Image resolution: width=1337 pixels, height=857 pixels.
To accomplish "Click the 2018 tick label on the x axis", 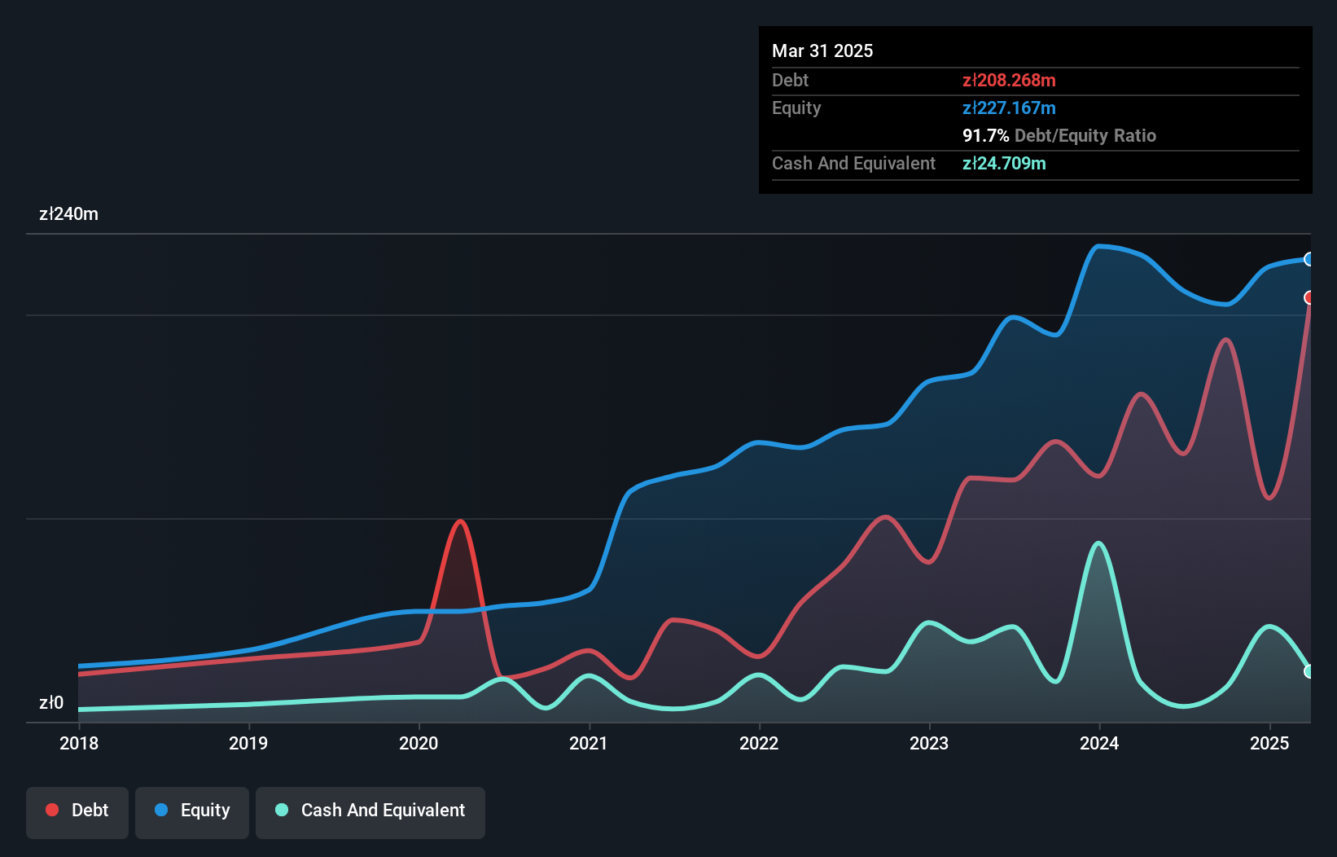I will click(79, 743).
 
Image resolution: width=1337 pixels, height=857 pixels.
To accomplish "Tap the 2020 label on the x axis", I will click(419, 743).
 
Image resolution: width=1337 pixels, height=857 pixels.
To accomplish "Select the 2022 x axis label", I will click(759, 743).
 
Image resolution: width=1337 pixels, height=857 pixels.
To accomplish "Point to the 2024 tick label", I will click(1099, 743).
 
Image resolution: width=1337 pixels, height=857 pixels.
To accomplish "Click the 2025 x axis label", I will click(1269, 743).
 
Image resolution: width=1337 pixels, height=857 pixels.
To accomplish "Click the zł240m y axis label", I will click(68, 214).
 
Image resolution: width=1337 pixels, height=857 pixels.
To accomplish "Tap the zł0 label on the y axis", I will click(51, 702).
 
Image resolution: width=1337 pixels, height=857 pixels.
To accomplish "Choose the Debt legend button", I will click(77, 811).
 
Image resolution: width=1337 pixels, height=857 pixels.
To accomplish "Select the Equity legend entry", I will click(192, 811).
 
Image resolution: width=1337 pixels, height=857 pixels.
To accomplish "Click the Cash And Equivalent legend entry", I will click(370, 811).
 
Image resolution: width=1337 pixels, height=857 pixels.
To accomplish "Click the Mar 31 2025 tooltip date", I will click(822, 51).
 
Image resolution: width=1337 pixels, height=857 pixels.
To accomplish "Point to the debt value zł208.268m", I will click(1009, 80).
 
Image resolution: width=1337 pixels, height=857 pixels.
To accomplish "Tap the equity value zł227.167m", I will click(1009, 108).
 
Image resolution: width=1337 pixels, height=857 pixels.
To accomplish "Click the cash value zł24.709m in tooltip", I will click(1004, 163).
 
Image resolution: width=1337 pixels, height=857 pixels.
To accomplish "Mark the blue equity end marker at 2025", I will click(1309, 259).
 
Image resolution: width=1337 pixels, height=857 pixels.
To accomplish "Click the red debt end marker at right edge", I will click(1309, 297).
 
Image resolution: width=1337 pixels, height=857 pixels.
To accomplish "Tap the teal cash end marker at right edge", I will click(1309, 671).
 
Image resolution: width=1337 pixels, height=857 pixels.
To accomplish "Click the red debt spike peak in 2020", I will click(461, 521).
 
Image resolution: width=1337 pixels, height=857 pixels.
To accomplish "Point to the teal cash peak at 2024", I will click(1099, 543).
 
